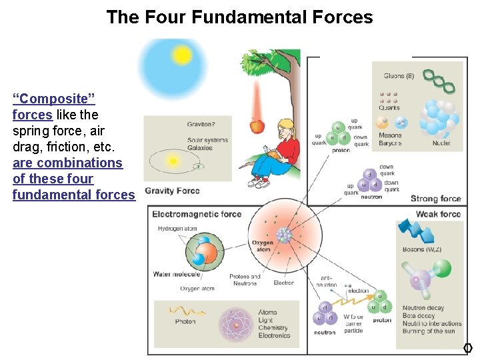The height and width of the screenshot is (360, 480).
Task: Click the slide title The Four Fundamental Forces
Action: [x=239, y=17]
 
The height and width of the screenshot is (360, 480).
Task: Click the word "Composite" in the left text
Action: [x=54, y=99]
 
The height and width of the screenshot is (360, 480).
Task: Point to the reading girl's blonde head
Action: [x=285, y=127]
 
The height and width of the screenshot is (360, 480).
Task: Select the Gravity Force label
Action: [x=172, y=191]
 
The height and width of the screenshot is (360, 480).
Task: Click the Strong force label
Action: [x=435, y=198]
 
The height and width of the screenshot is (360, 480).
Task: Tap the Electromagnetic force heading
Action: [x=197, y=214]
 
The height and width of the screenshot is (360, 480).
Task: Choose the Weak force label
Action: [x=438, y=214]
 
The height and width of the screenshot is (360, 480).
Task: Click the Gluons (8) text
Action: [x=399, y=76]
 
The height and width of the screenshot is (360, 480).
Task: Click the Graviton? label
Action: [x=201, y=124]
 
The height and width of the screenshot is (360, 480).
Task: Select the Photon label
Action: [x=185, y=321]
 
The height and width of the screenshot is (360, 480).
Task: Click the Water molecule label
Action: [x=175, y=274]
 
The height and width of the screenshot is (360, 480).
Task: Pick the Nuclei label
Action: [x=441, y=143]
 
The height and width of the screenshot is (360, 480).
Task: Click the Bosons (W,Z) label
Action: [x=423, y=250]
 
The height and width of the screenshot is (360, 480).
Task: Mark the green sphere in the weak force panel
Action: [x=442, y=269]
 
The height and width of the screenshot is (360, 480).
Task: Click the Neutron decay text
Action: [x=423, y=309]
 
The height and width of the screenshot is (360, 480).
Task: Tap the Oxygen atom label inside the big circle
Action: [x=263, y=246]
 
